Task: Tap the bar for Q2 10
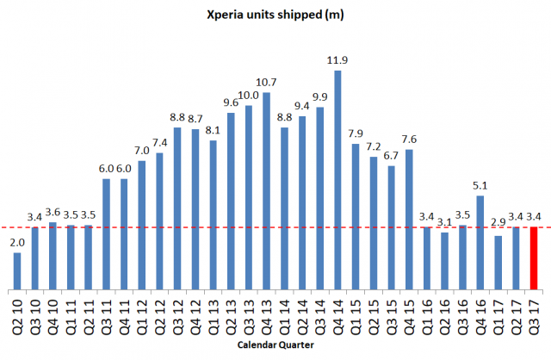17,271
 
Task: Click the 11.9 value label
337,60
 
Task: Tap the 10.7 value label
266,82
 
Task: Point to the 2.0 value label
17,243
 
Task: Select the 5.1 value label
480,185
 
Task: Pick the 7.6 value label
408,139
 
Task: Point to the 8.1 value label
213,130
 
